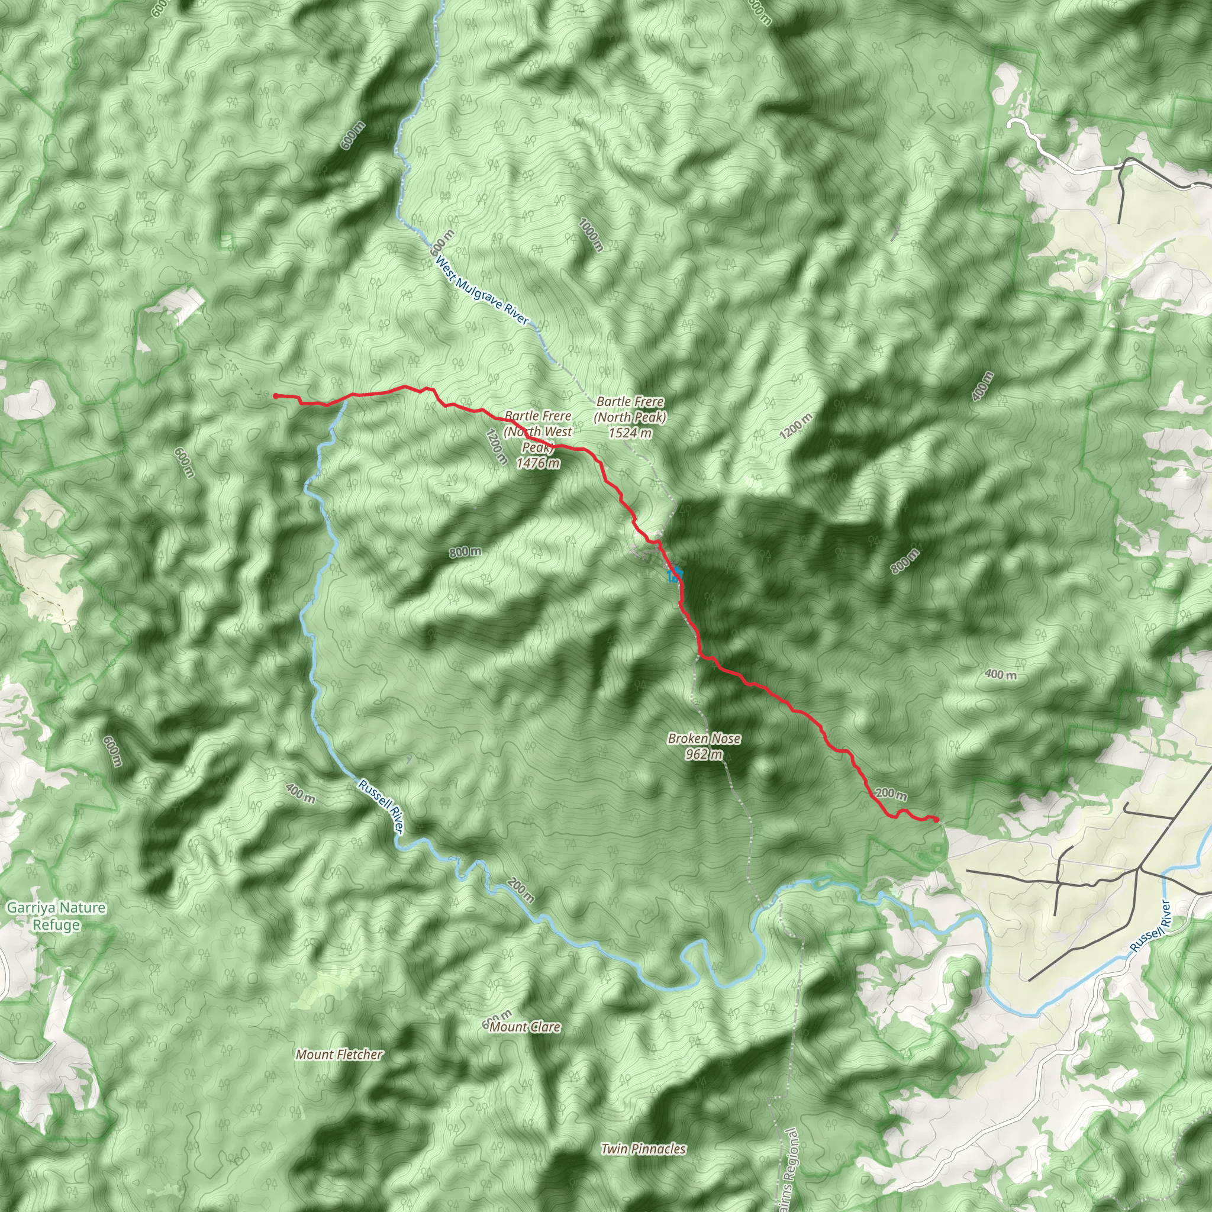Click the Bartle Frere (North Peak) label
tap(630, 409)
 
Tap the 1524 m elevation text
tap(630, 433)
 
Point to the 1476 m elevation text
tap(537, 463)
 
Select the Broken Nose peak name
tap(704, 739)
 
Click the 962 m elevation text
tap(704, 754)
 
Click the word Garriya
tap(31, 908)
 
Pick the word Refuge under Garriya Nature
tap(56, 925)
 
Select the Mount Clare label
tap(524, 1027)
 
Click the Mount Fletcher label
tap(339, 1055)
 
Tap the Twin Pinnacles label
tap(643, 1149)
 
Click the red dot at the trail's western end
tap(275, 396)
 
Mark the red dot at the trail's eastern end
tap(936, 819)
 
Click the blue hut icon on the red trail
tap(675, 575)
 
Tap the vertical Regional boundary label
tap(791, 1167)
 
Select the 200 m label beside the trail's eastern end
tap(890, 794)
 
